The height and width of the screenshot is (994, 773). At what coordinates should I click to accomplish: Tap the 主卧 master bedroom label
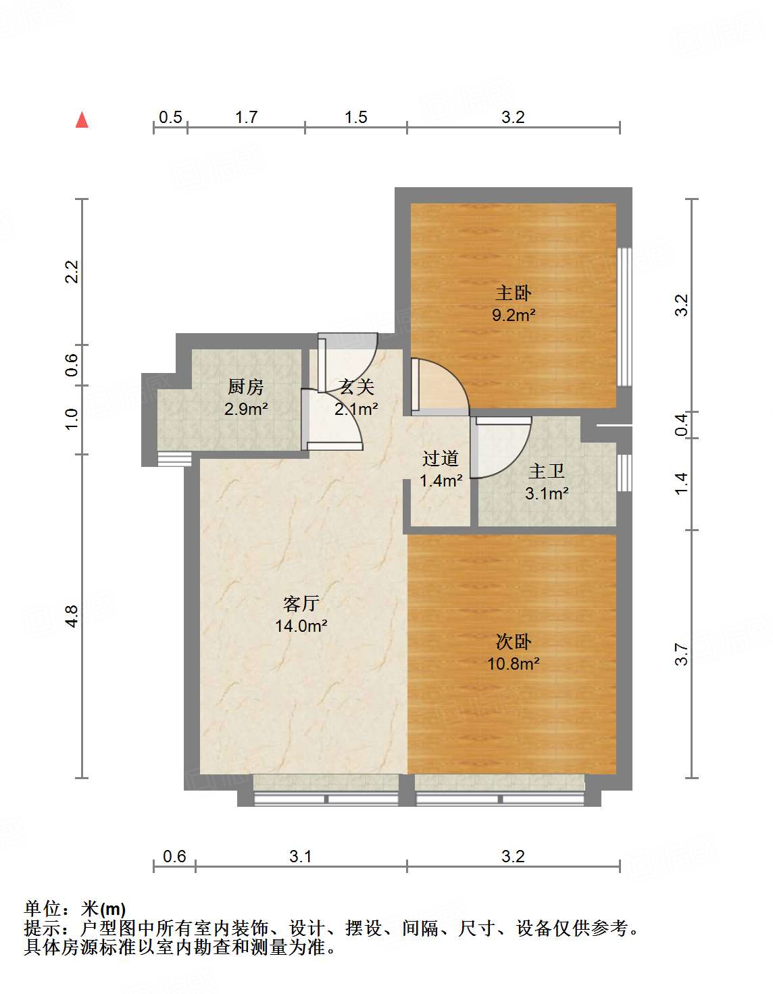coord(514,293)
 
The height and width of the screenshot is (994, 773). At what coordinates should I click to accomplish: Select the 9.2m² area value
coord(514,315)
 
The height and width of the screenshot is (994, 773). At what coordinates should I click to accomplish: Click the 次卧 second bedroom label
coord(514,642)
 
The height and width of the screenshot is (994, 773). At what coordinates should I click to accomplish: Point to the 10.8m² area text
coord(514,664)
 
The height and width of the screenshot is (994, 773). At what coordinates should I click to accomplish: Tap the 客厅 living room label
coord(301,604)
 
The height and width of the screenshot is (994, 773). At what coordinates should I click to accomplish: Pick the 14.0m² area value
coord(301,625)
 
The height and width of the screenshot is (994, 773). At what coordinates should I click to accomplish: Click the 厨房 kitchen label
coord(246,387)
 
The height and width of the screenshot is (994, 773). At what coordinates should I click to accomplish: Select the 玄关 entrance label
coord(356,387)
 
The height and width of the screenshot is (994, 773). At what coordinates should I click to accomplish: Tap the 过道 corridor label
coord(440,458)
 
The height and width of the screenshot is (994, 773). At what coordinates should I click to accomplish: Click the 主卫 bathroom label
coord(546,471)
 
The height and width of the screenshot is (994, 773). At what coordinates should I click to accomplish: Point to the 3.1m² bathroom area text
coord(547,493)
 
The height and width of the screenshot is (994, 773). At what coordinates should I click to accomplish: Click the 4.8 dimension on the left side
coord(72,616)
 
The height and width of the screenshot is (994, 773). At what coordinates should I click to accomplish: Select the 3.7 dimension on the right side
coord(682,655)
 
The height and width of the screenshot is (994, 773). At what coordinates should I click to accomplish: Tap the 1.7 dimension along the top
coord(246,118)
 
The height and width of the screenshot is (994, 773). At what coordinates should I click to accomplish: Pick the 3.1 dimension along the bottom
coord(300,856)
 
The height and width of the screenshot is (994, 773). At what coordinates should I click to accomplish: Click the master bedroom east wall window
coord(624,317)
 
